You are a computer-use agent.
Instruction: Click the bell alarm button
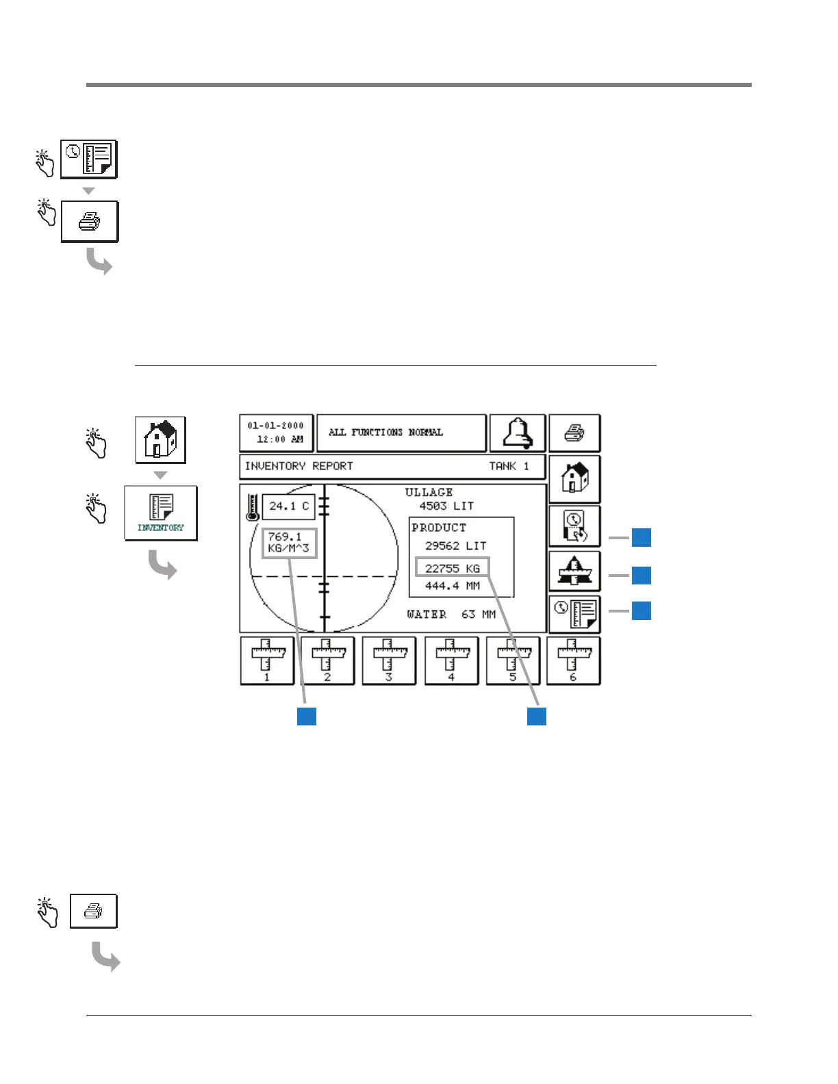518,433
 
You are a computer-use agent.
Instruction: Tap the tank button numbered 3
389,660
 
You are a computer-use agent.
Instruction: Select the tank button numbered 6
573,660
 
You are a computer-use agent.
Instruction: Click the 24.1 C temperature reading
288,506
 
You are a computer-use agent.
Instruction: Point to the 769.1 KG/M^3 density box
289,543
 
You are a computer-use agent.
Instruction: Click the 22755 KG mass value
453,568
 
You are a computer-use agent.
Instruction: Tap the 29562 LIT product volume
455,546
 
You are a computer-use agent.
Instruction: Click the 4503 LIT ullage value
446,506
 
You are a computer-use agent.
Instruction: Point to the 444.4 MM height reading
453,586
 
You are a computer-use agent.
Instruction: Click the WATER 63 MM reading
451,615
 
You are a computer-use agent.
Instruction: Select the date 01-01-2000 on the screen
276,426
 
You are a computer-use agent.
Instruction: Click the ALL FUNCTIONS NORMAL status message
385,433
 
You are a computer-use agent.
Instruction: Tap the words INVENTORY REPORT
299,466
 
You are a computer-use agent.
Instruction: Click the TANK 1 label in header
509,466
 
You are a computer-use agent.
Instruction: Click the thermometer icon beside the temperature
253,508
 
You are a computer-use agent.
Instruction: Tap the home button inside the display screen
574,478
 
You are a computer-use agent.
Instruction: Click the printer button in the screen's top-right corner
574,433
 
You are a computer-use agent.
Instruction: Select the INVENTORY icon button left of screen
161,513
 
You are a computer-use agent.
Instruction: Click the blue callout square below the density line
307,716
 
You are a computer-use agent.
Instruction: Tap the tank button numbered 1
267,660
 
